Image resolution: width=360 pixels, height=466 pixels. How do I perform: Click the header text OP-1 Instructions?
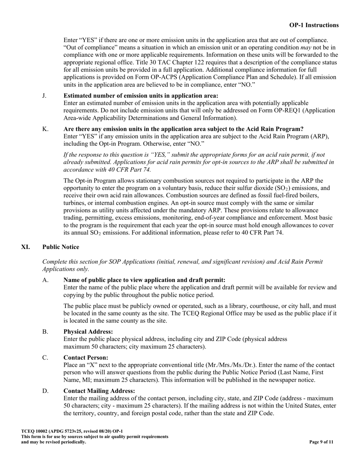tap(314, 25)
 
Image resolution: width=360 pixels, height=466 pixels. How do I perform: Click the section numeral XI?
tap(25, 247)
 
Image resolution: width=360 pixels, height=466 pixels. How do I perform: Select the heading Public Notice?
tap(61, 247)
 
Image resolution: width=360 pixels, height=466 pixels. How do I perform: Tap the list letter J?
tap(44, 96)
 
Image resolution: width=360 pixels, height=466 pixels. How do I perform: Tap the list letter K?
tap(45, 129)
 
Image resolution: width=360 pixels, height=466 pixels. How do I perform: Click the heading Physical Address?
tap(88, 332)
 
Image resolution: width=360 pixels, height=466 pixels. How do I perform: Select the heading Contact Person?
tap(86, 357)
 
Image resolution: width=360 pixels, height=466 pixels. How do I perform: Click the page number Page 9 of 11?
tap(321, 442)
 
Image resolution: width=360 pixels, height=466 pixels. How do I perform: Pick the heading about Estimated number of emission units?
tap(141, 96)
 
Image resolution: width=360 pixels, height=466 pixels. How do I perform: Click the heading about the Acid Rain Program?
tap(183, 129)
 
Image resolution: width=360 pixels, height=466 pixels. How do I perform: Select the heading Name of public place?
tap(144, 280)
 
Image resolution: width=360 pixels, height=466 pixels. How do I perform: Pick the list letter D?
tap(45, 391)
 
